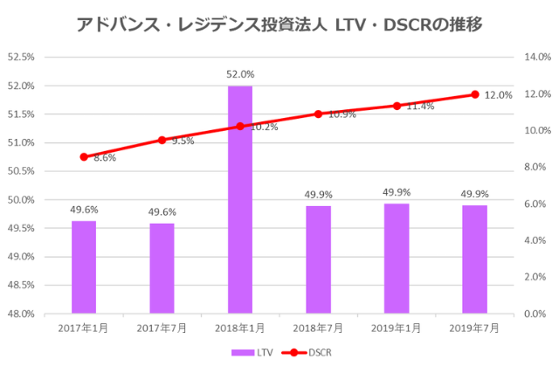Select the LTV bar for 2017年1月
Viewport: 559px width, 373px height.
pyautogui.click(x=84, y=266)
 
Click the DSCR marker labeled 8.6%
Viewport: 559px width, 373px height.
pyautogui.click(x=84, y=157)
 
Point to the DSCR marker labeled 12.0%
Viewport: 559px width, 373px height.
pyautogui.click(x=475, y=94)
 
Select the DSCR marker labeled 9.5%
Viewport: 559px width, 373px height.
pyautogui.click(x=162, y=140)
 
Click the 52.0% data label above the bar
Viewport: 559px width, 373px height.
pyautogui.click(x=240, y=75)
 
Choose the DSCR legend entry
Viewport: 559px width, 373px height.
pyautogui.click(x=307, y=352)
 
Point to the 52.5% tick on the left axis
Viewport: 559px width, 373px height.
pyautogui.click(x=20, y=58)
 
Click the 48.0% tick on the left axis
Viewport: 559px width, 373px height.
pyautogui.click(x=20, y=314)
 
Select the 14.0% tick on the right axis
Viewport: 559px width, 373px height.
pyautogui.click(x=535, y=58)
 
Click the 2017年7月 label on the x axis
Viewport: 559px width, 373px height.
pyautogui.click(x=162, y=328)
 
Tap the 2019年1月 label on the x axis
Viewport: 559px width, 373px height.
pyautogui.click(x=397, y=328)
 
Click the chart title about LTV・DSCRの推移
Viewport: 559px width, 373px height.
pyautogui.click(x=279, y=24)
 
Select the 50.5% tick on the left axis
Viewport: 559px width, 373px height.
pyautogui.click(x=20, y=171)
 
